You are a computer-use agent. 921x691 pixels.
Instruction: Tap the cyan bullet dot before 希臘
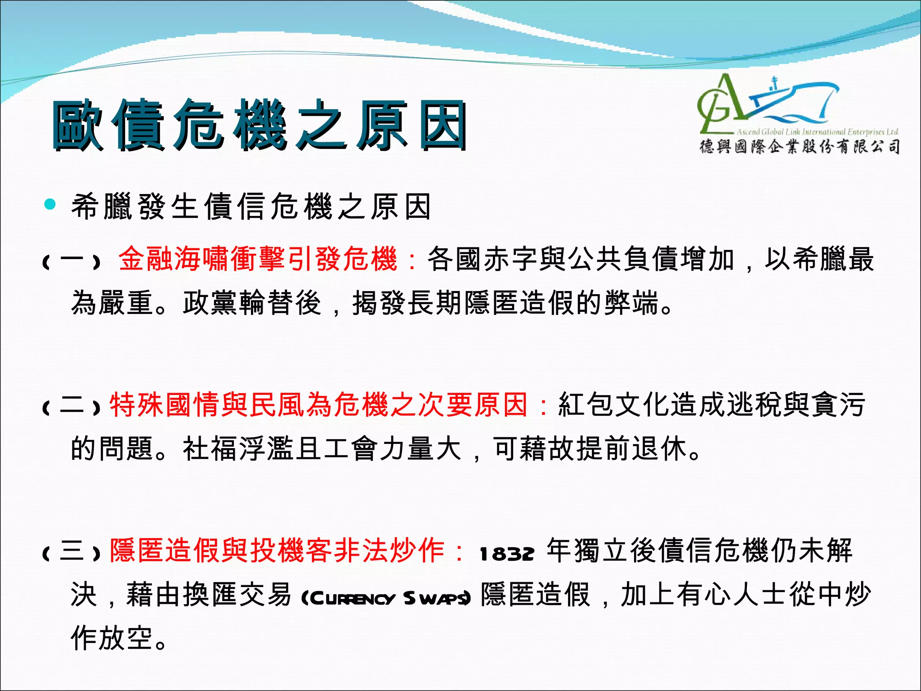[x=50, y=205]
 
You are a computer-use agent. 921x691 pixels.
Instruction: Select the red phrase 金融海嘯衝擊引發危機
[x=258, y=260]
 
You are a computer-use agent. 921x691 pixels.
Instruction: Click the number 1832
[x=507, y=554]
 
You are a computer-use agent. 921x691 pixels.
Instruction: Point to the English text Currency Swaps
[x=386, y=598]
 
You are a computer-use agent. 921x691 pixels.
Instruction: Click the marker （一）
[x=71, y=261]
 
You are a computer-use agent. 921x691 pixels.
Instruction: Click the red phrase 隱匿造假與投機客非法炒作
[x=277, y=551]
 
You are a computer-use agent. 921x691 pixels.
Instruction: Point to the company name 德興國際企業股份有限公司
[x=800, y=147]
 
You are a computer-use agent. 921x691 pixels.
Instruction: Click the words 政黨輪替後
[x=252, y=303]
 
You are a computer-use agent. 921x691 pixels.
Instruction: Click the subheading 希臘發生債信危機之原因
[x=251, y=206]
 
